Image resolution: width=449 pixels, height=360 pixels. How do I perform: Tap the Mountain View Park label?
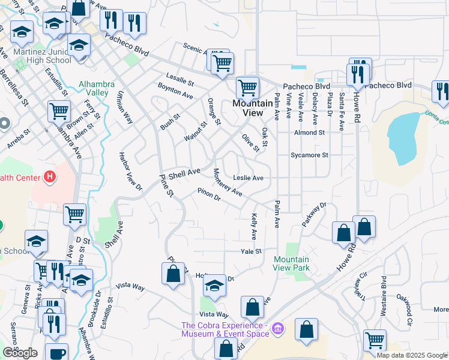coord(292,263)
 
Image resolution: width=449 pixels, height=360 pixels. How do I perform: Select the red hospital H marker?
coord(50,178)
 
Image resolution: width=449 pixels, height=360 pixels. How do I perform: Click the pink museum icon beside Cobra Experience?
coord(277,329)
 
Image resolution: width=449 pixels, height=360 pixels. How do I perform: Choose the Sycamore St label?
coord(309,155)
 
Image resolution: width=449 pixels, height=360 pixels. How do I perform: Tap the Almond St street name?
coord(309,133)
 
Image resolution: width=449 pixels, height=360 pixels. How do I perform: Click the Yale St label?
coord(252,251)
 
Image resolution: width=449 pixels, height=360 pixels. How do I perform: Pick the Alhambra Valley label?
coord(94,88)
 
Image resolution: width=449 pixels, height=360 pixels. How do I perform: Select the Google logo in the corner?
coord(20,353)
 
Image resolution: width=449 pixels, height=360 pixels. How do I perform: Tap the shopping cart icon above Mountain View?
coord(247,88)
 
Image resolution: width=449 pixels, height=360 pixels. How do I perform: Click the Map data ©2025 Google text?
coord(411,355)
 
